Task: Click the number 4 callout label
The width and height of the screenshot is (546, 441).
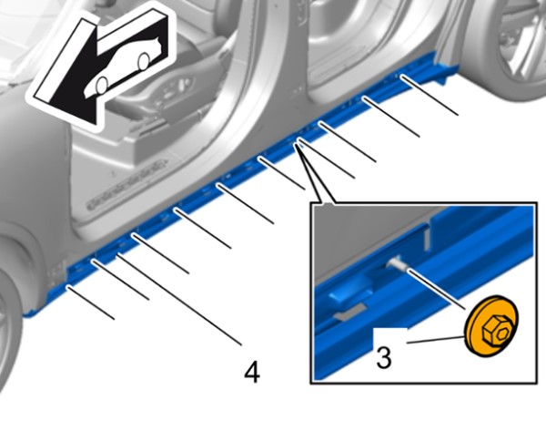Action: pyautogui.click(x=252, y=372)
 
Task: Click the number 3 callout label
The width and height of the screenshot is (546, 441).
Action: pyautogui.click(x=384, y=357)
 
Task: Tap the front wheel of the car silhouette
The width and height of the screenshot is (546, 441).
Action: pyautogui.click(x=102, y=86)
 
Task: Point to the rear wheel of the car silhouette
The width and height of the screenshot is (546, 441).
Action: pyautogui.click(x=143, y=61)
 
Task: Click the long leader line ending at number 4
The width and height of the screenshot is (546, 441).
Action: pyautogui.click(x=179, y=300)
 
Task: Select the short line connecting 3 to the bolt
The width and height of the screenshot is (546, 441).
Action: pyautogui.click(x=435, y=340)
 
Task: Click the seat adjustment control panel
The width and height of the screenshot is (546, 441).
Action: pyautogui.click(x=173, y=90)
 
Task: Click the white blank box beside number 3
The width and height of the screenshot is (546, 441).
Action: pyautogui.click(x=390, y=335)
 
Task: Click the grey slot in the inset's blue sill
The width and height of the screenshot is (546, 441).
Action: pyautogui.click(x=349, y=312)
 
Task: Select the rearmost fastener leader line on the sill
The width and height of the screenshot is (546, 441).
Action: pyautogui.click(x=430, y=95)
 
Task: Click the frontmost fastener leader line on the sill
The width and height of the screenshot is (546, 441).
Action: pyautogui.click(x=90, y=303)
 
